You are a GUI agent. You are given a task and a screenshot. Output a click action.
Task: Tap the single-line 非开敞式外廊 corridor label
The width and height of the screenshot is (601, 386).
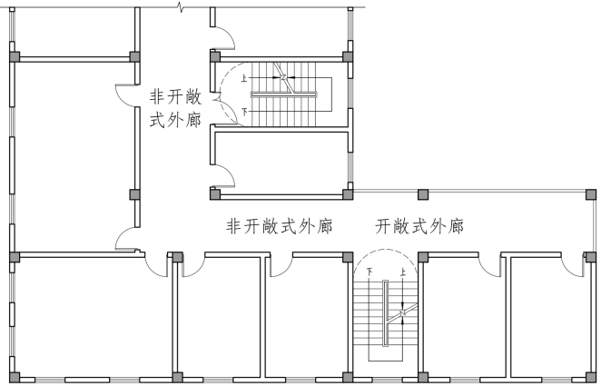[x=278, y=226]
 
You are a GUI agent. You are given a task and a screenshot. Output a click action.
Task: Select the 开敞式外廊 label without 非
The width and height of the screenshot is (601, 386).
[x=419, y=226]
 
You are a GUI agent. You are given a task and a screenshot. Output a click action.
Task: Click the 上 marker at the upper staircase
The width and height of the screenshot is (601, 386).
[x=243, y=79]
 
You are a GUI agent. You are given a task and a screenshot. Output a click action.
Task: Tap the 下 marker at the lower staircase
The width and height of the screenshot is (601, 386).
[x=369, y=272]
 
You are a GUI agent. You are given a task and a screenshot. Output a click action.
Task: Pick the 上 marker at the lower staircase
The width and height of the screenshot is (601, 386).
[x=401, y=272]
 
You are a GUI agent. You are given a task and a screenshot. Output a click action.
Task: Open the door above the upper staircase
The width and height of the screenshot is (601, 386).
[x=223, y=37]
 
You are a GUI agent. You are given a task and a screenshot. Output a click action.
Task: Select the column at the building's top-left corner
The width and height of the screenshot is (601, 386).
[x=14, y=56]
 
